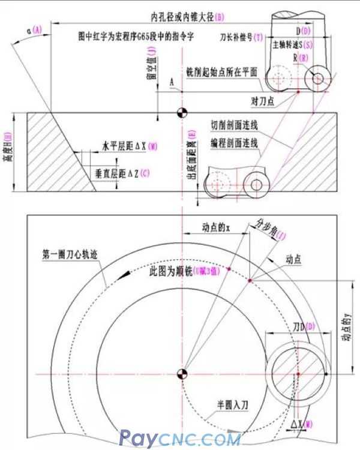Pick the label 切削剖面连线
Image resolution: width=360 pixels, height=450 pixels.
tap(234, 126)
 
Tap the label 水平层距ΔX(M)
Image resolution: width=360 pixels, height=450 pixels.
tap(130, 146)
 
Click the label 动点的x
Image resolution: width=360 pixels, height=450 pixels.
tap(217, 227)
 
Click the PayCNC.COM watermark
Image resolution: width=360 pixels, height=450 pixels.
tap(181, 439)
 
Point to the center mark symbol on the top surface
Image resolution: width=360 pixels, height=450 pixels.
tap(180, 112)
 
